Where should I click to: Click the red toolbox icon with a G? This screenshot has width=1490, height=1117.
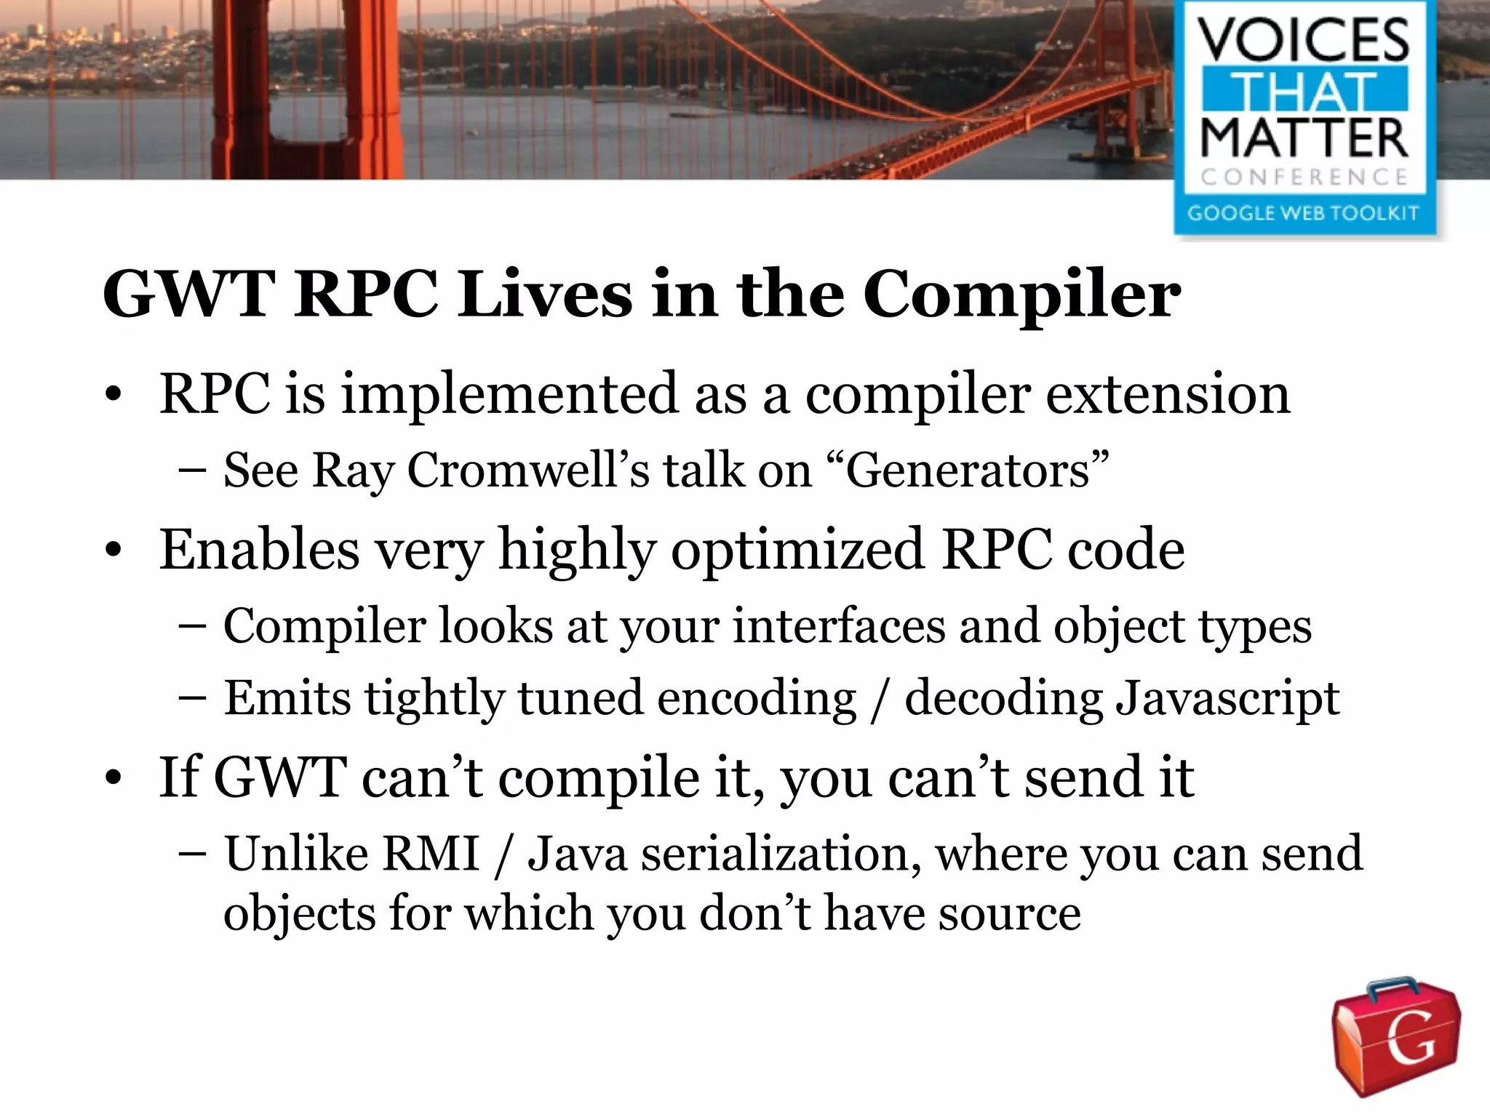pyautogui.click(x=1395, y=1036)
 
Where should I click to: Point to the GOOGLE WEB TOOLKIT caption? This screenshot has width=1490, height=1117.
pyautogui.click(x=1303, y=213)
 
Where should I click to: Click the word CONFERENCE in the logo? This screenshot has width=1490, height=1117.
pyautogui.click(x=1304, y=177)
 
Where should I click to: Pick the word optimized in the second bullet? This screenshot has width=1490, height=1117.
pyautogui.click(x=797, y=550)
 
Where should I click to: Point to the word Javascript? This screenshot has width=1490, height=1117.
pyautogui.click(x=1227, y=698)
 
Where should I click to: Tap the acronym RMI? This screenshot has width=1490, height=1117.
pyautogui.click(x=431, y=853)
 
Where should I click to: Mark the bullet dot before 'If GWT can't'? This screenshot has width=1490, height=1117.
pyautogui.click(x=113, y=779)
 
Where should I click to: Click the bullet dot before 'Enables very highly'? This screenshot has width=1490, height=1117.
pyautogui.click(x=113, y=551)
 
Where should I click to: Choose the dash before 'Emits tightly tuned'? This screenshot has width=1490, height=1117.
pyautogui.click(x=192, y=698)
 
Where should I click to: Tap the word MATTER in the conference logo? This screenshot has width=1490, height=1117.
pyautogui.click(x=1304, y=138)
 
